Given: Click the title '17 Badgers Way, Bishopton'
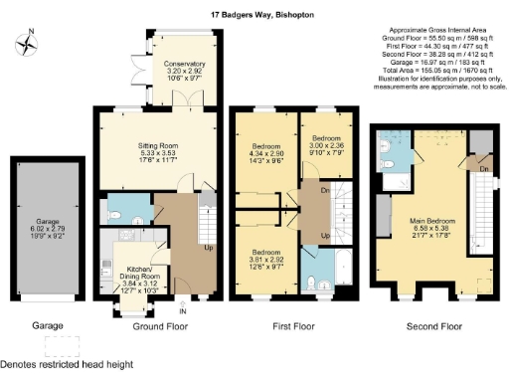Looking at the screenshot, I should click(x=254, y=16).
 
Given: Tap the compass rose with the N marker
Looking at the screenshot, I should click(x=27, y=44).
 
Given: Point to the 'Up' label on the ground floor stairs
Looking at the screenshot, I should click(x=207, y=247).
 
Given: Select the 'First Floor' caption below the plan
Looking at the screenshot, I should click(x=294, y=325).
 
